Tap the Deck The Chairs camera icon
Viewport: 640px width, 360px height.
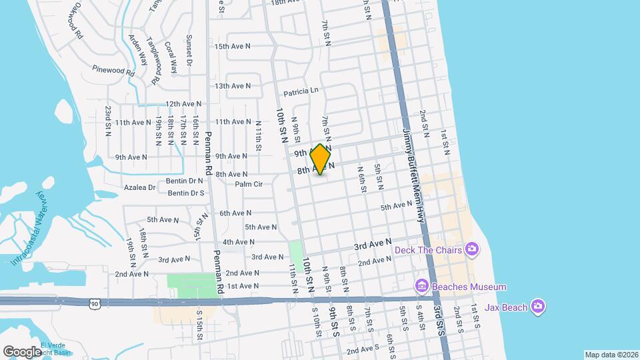(472, 250)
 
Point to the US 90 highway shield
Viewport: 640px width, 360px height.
(93, 303)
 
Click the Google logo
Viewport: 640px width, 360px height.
(22, 351)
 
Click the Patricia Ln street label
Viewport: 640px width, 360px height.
(301, 91)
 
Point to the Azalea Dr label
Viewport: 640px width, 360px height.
(139, 188)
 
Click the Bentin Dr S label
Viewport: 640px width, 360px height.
(186, 193)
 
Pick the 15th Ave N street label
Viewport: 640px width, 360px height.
(232, 46)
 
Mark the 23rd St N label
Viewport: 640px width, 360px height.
(107, 121)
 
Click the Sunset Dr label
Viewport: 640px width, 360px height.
(189, 51)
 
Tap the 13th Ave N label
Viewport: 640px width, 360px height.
(232, 86)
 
